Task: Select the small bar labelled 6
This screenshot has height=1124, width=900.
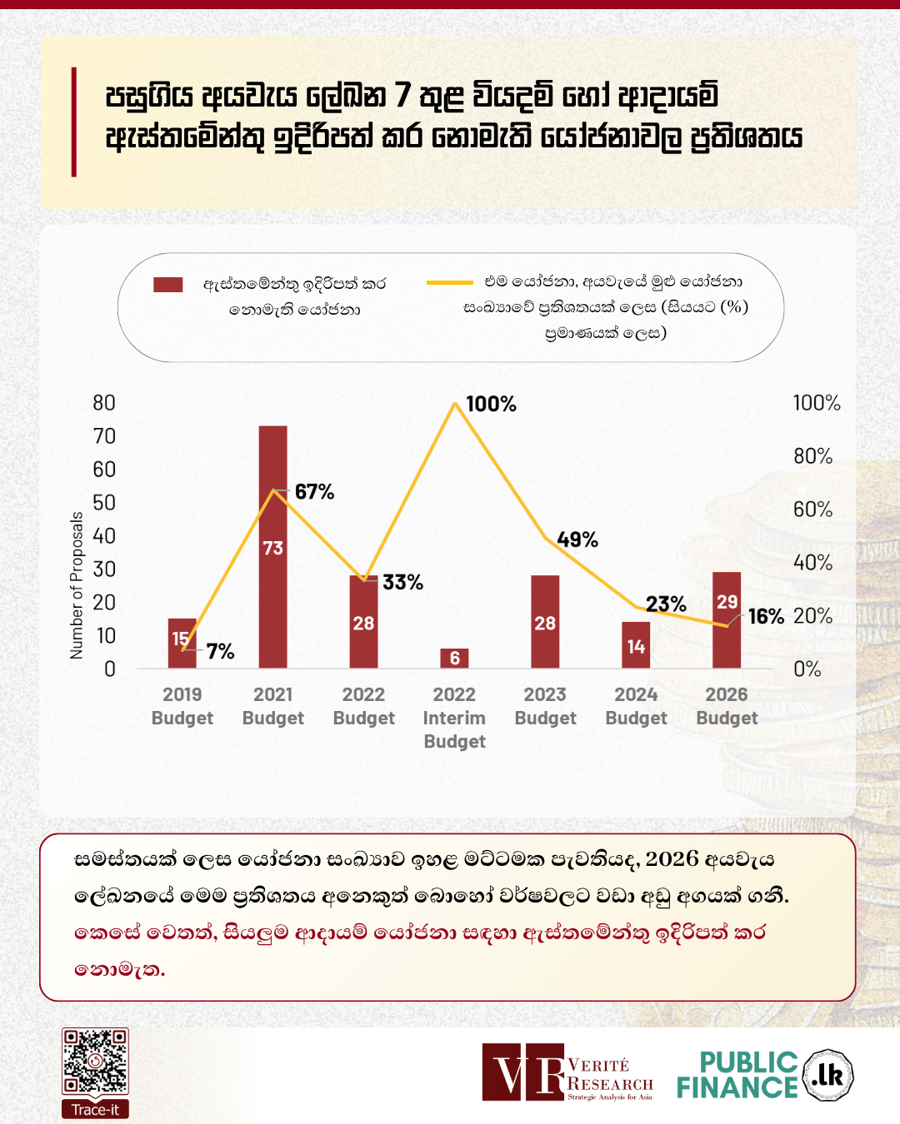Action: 454,658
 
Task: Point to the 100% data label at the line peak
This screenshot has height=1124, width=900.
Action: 491,405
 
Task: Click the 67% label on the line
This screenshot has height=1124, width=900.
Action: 314,492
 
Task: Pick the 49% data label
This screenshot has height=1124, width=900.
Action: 577,540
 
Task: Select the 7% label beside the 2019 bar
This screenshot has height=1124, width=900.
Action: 220,651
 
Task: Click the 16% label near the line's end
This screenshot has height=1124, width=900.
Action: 766,617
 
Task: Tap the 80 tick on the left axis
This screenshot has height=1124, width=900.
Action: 104,403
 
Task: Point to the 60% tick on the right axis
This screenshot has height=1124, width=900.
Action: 812,510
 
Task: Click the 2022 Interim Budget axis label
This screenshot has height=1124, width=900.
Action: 454,718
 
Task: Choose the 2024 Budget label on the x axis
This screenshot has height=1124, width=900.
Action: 636,706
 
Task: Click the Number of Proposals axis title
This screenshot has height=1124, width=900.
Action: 77,585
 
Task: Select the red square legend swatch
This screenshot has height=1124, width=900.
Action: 167,285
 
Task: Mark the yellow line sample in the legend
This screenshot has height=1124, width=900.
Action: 449,283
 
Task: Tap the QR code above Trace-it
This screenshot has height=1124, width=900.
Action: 95,1062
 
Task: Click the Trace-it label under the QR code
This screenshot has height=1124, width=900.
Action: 95,1110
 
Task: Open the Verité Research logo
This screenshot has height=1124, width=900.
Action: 567,1072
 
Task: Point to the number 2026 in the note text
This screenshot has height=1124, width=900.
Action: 672,859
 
